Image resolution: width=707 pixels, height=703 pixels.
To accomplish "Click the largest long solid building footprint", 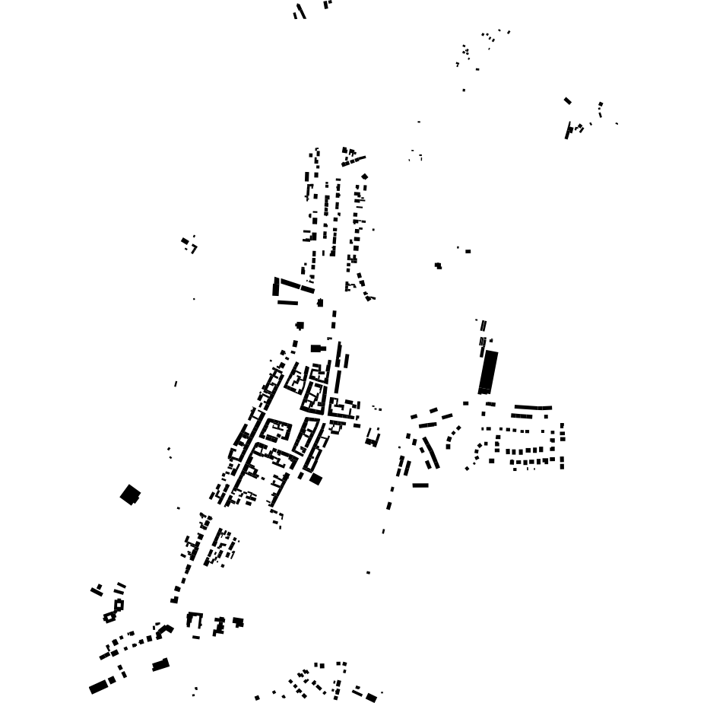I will tap(488, 371).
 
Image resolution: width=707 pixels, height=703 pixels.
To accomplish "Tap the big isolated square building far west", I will tap(130, 495).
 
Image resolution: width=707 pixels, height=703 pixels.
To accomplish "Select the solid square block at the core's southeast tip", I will tap(315, 479).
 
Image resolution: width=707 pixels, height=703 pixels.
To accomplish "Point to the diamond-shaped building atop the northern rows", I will tap(364, 177).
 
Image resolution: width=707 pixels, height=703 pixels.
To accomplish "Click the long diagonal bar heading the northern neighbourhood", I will tap(353, 161).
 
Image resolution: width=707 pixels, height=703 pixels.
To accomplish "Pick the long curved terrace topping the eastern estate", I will tap(533, 408).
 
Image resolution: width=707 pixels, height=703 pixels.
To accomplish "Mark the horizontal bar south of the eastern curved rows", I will tap(420, 485).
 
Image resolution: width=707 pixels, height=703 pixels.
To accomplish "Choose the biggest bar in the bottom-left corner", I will tap(98, 686).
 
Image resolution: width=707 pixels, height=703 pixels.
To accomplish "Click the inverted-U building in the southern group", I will tap(195, 620).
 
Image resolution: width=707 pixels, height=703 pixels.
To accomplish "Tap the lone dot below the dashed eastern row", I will tap(368, 572).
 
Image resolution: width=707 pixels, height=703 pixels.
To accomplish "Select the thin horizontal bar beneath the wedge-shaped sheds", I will tap(287, 303).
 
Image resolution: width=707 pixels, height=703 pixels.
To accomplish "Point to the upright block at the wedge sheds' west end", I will tap(276, 287).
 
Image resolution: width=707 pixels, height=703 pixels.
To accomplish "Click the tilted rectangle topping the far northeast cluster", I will tap(567, 100).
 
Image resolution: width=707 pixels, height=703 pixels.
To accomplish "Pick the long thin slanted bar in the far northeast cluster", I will tap(567, 130).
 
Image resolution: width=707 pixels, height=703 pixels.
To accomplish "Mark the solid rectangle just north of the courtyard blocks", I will tap(317, 348).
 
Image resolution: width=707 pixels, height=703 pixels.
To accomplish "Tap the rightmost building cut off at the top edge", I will tap(327, 4).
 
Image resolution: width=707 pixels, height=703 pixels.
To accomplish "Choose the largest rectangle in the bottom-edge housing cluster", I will tap(370, 697).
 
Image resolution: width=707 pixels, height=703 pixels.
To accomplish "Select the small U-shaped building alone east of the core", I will tap(372, 437).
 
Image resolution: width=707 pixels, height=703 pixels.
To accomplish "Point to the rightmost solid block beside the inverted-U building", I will tap(238, 622).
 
